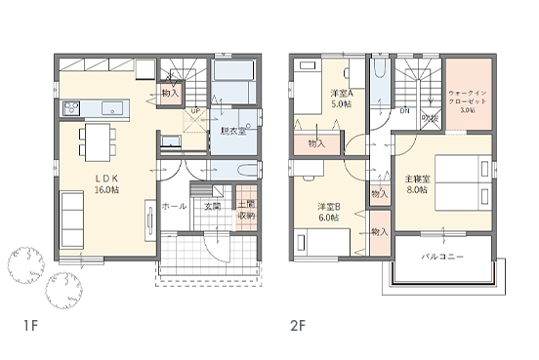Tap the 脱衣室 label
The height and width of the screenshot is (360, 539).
pos(231,131)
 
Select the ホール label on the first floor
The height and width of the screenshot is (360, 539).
pos(174,207)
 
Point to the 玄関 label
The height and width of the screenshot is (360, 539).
pos(213,207)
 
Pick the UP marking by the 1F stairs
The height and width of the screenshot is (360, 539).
pos(195,111)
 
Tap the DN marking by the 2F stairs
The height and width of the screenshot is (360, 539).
pos(404,111)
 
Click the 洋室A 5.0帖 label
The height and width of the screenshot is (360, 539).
pos(341,99)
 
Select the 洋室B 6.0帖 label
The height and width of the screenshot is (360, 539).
pos(328,212)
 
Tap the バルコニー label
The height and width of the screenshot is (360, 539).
pos(442,257)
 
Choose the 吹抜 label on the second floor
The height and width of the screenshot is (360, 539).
pos(428,118)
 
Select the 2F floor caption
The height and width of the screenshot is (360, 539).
pos(297,325)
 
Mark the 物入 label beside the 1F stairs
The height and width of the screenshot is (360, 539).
pos(170,93)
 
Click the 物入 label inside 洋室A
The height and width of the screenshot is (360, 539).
pos(316,143)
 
